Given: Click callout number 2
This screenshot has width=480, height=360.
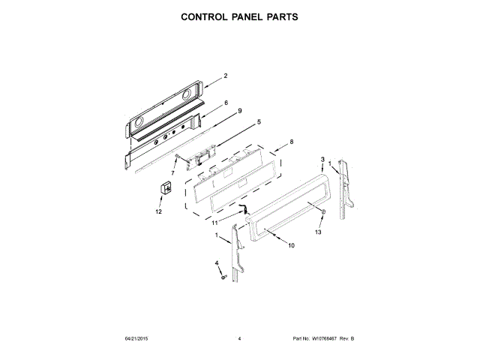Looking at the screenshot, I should click(225, 76).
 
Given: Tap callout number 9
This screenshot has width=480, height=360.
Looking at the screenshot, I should click(239, 111).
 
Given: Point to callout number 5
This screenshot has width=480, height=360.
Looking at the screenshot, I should click(259, 121).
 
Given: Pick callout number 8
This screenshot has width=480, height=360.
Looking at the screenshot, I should click(291, 142).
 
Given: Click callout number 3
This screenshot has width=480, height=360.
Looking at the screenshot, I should click(322, 160).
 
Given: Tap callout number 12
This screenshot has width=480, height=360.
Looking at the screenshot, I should click(158, 212).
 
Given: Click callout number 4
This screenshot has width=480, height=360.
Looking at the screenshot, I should click(217, 263).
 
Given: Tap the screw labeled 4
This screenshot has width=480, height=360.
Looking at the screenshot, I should click(223, 278).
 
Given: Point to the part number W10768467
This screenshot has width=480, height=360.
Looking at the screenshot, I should click(326, 339).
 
